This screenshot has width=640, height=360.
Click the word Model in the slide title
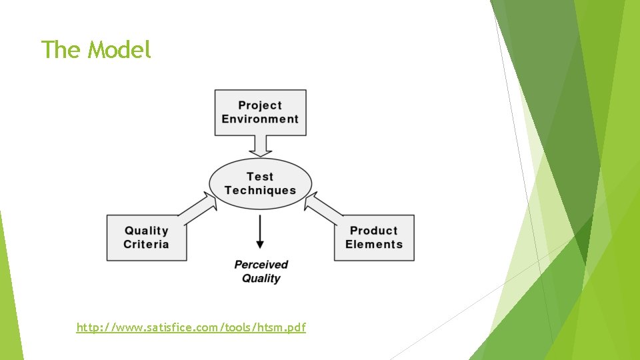tap(120, 49)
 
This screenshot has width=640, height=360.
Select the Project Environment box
tap(260, 112)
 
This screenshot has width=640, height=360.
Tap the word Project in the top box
tap(260, 105)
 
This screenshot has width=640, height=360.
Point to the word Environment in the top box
tap(260, 119)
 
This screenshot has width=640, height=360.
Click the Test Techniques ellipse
tap(260, 183)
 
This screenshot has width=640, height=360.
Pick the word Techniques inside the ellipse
tap(260, 191)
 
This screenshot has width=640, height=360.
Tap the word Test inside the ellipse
tap(260, 177)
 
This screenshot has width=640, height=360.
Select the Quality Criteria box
tap(147, 237)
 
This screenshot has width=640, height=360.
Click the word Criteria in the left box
tap(146, 245)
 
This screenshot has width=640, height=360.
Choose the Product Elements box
tap(374, 237)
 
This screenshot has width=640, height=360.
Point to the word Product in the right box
tap(373, 231)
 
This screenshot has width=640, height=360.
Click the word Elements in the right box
tap(374, 245)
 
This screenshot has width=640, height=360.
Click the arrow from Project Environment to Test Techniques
tap(260, 145)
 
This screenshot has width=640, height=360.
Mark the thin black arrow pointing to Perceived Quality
tap(260, 233)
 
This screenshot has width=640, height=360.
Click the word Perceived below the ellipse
tap(261, 265)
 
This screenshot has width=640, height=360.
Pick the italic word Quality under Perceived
tap(261, 279)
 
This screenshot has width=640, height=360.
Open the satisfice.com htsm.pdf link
tap(191, 327)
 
